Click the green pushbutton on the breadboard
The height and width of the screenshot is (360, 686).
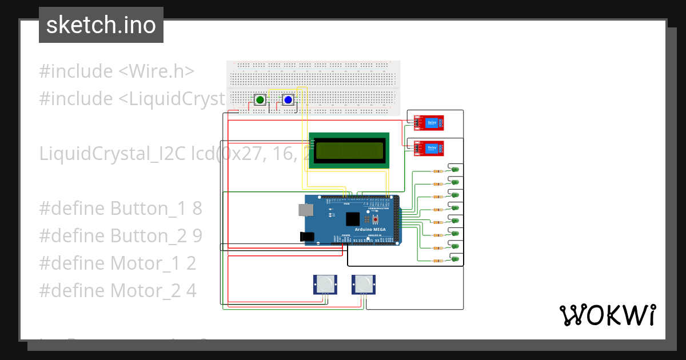click(x=260, y=100)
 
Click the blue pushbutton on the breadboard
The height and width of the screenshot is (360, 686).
click(x=288, y=100)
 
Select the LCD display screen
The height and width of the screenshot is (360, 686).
click(x=349, y=151)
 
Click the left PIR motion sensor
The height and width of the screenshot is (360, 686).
click(x=325, y=283)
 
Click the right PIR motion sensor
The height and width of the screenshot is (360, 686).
click(x=363, y=283)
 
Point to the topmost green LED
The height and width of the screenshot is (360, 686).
click(x=455, y=169)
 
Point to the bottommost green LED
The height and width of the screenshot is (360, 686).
click(x=455, y=259)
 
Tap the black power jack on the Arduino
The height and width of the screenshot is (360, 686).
click(x=308, y=235)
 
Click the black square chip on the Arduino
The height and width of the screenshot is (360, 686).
click(x=353, y=218)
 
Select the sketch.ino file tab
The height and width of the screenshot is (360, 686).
click(x=101, y=25)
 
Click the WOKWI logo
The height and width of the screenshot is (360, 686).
click(x=607, y=315)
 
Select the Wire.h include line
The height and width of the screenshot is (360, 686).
click(x=117, y=71)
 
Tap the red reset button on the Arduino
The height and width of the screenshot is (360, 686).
click(x=376, y=219)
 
